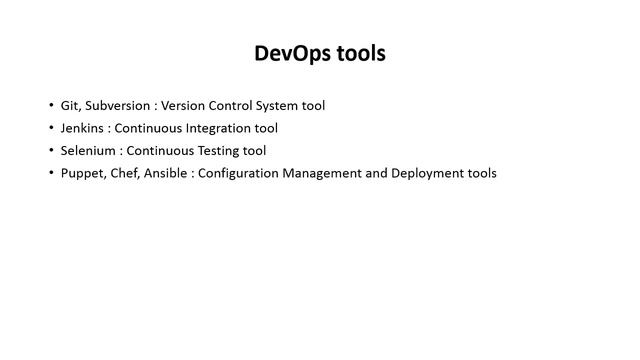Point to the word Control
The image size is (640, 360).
tap(233, 105)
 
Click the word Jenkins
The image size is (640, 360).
tap(83, 128)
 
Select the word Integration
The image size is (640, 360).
tap(217, 128)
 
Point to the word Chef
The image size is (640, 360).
tap(127, 173)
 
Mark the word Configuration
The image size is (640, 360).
tap(245, 173)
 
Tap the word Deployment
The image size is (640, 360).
tap(427, 173)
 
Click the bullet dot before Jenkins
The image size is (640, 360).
tap(52, 128)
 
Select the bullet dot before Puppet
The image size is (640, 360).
tap(52, 173)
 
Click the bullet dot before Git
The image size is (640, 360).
tap(52, 105)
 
